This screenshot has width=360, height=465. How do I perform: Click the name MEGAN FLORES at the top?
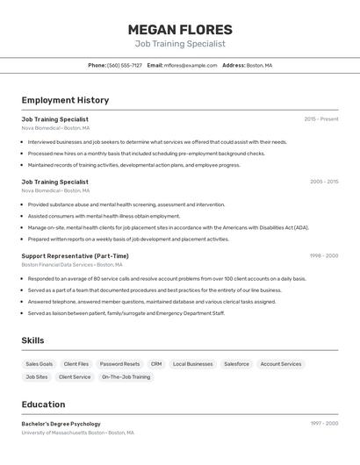click(x=180, y=30)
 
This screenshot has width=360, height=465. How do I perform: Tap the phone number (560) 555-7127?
click(x=125, y=65)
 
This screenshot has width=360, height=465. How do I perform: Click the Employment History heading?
click(x=65, y=100)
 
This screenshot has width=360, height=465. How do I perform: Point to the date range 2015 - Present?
click(x=321, y=119)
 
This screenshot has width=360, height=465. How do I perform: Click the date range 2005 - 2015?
click(x=324, y=182)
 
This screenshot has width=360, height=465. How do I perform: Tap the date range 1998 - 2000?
click(x=324, y=256)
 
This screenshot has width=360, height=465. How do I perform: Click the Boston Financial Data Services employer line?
click(x=72, y=265)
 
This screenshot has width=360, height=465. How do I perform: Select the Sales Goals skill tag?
click(x=40, y=364)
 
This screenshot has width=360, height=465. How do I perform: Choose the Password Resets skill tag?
click(x=119, y=364)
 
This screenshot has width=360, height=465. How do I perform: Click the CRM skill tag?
click(x=156, y=364)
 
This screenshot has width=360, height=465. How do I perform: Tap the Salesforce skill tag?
click(x=236, y=364)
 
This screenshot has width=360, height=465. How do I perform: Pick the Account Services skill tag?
click(x=281, y=364)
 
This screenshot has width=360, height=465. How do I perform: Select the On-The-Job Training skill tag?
click(x=126, y=377)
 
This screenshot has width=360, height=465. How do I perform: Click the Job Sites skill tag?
click(x=37, y=377)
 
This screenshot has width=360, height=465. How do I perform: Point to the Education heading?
click(x=43, y=404)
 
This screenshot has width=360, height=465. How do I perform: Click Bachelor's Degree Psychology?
click(x=61, y=424)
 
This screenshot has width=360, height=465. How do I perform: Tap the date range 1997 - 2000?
click(x=324, y=424)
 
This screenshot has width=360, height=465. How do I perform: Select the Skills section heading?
click(x=32, y=340)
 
